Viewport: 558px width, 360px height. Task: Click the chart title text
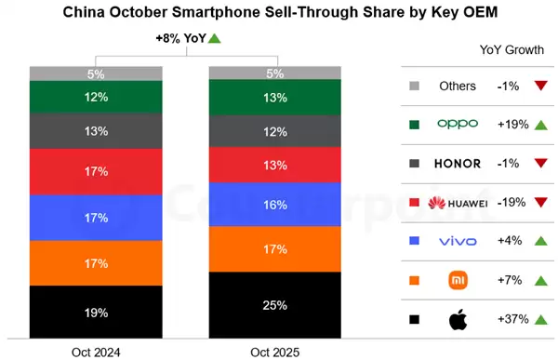(x=279, y=14)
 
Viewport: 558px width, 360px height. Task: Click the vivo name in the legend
(x=457, y=241)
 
